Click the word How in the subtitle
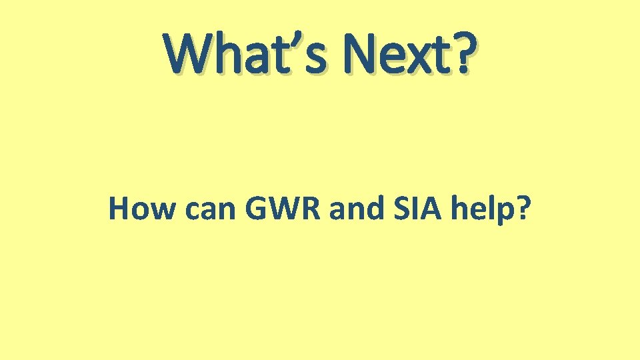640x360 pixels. [x=135, y=209]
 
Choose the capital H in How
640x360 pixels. [x=119, y=209]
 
